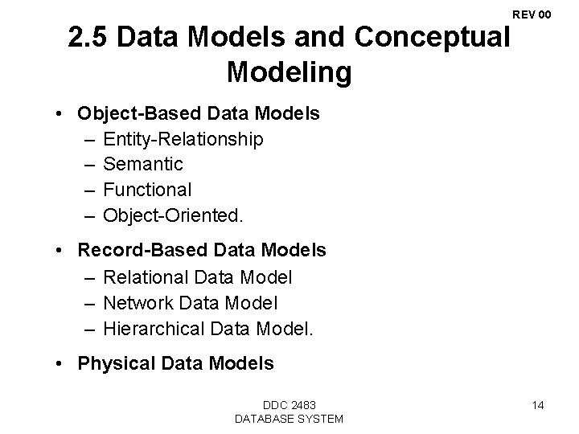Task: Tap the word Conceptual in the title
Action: click(441, 39)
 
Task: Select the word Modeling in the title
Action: click(289, 72)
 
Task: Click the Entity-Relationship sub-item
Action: click(183, 139)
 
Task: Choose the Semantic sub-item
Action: click(144, 165)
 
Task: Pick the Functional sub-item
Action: click(148, 190)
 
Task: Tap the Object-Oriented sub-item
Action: click(173, 216)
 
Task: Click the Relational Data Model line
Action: click(198, 277)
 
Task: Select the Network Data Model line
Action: click(191, 303)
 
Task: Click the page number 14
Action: click(537, 405)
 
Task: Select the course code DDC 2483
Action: click(289, 405)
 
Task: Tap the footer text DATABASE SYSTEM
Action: click(289, 419)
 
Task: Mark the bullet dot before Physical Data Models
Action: click(62, 363)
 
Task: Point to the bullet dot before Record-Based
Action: click(62, 251)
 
